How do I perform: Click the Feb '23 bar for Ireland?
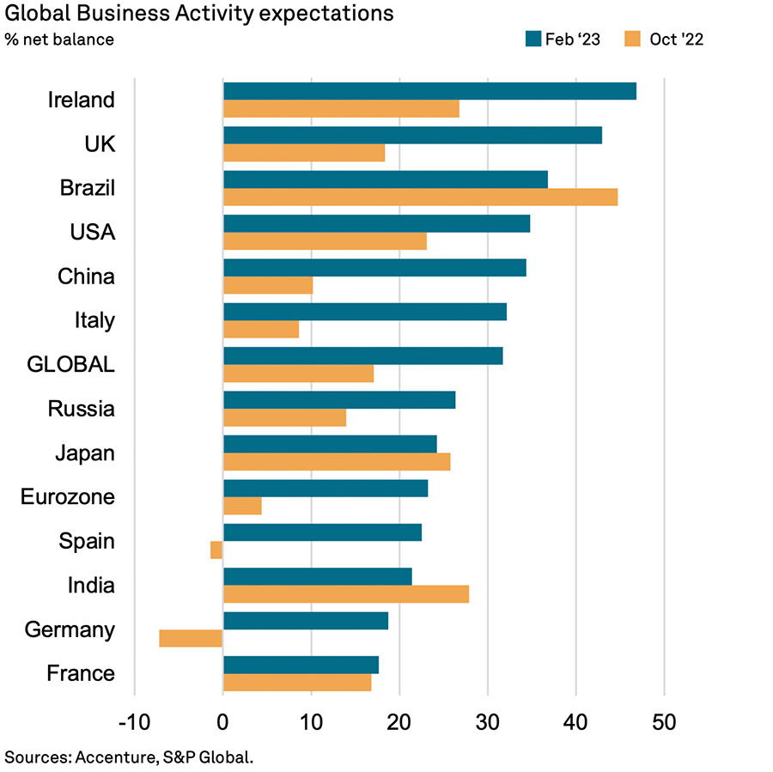coord(429,91)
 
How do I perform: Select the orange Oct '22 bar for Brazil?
coord(420,197)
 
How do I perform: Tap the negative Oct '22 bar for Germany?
coord(191,638)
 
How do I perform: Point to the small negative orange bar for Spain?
coord(216,550)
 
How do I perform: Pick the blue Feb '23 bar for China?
coord(374,268)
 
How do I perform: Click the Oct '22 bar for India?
coord(346,594)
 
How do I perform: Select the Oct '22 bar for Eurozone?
coord(242,506)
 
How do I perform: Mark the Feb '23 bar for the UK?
coord(412,135)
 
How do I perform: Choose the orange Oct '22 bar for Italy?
coord(261,329)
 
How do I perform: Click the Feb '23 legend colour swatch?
coord(533,39)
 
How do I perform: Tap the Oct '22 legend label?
coord(675,39)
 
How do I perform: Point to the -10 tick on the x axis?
coord(135,721)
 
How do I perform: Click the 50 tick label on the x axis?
coord(664,721)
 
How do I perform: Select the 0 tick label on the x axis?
coord(223,721)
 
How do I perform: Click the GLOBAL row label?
coord(70,364)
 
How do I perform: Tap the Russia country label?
coord(82,409)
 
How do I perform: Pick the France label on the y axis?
coord(82,673)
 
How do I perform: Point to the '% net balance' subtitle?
coord(59,40)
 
